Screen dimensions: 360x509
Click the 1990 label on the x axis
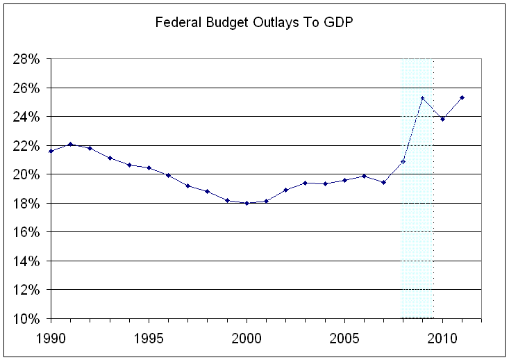click(51, 336)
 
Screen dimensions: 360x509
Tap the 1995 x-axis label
click(149, 336)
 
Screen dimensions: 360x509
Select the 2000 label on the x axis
click(247, 336)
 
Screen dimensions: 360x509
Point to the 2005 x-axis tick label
click(344, 336)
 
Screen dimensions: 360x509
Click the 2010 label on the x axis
click(442, 336)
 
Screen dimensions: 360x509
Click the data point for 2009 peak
click(422, 98)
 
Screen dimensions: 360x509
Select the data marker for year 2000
click(247, 203)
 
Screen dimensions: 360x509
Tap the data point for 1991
click(70, 144)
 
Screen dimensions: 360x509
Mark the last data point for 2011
click(462, 97)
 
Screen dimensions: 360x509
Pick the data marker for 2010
click(442, 119)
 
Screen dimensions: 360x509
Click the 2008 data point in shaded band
click(403, 161)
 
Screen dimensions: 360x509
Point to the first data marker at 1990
click(51, 151)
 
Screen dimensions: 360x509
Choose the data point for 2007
click(383, 182)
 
